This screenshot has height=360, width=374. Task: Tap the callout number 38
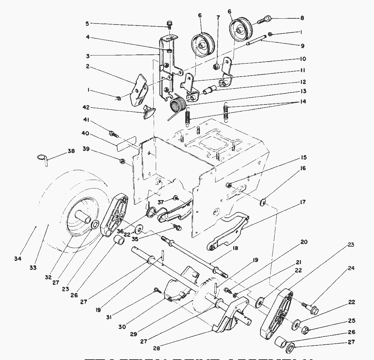[x=71, y=151]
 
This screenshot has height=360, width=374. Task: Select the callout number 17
[x=302, y=202]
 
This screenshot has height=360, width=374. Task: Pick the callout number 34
[x=18, y=259]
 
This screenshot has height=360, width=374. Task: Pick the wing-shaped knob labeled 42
[x=149, y=112]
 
